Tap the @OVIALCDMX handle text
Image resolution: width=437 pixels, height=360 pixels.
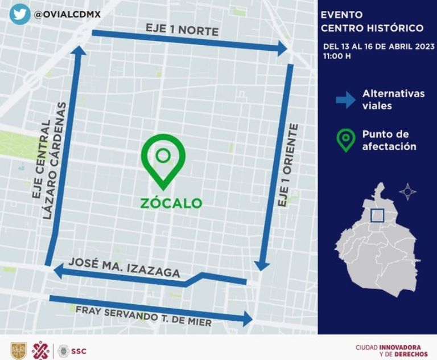[68, 14]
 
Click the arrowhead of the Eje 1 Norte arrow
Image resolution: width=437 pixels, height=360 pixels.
[283, 49]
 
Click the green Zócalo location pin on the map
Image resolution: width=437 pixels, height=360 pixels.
[163, 160]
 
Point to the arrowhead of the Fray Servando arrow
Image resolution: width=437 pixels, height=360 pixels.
[248, 318]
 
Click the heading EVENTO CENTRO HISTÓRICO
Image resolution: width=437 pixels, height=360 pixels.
[372, 22]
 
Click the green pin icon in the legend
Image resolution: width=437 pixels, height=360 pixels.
[345, 141]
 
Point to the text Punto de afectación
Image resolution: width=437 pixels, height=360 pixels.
[389, 141]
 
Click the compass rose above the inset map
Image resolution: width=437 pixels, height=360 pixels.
[407, 191]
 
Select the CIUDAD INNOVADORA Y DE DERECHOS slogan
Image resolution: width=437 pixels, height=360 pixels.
[388, 351]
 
